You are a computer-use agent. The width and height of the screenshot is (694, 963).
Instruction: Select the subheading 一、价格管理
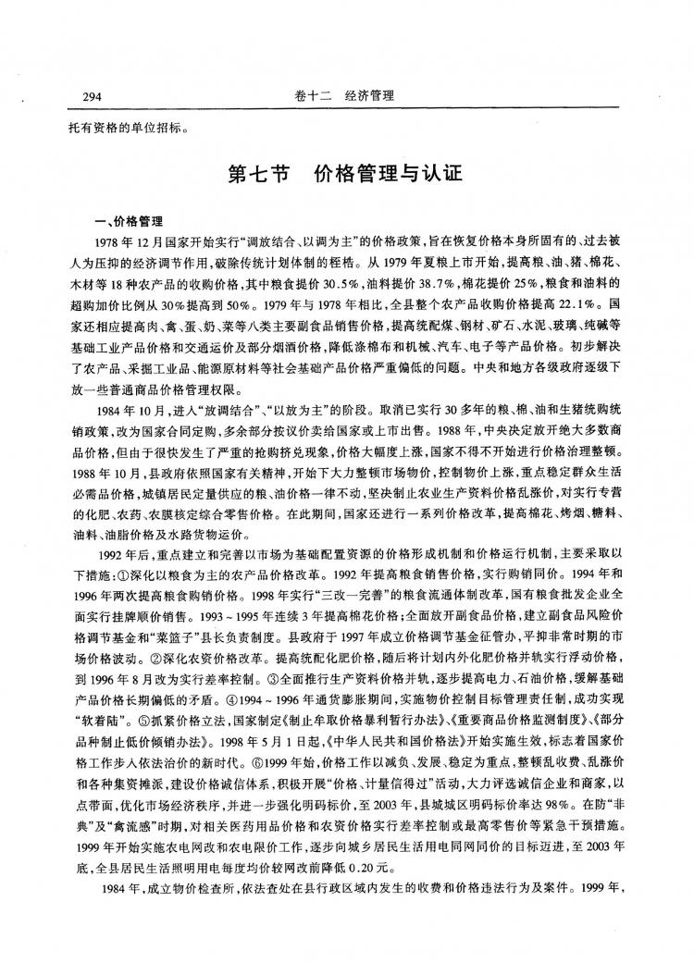130,222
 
